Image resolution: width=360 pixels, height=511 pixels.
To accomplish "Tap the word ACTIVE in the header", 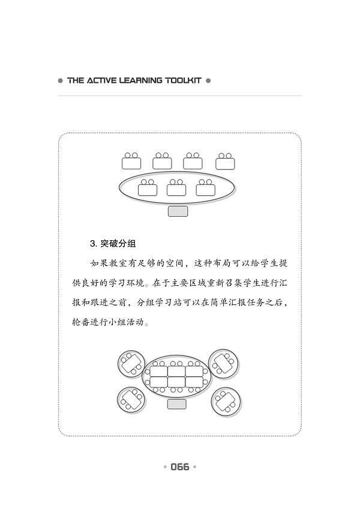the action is point(101,80).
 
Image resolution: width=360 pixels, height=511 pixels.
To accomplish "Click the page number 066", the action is point(179,467).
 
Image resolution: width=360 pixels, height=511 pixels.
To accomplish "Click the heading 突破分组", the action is point(118,243).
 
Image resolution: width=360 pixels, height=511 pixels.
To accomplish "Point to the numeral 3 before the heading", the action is point(92,244).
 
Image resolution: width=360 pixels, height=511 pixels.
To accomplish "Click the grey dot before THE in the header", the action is point(60,80).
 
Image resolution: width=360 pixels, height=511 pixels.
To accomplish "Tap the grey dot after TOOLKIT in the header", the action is point(208,80).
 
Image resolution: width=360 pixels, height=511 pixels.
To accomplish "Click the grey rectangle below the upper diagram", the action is point(178,211).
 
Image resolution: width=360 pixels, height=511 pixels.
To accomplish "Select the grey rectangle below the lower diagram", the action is point(177,404).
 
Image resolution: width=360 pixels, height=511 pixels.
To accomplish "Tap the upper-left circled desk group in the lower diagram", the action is point(131,364).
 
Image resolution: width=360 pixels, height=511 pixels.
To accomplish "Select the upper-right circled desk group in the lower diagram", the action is point(224,364).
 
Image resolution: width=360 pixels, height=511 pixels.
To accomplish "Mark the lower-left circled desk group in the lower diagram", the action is point(131,400).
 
